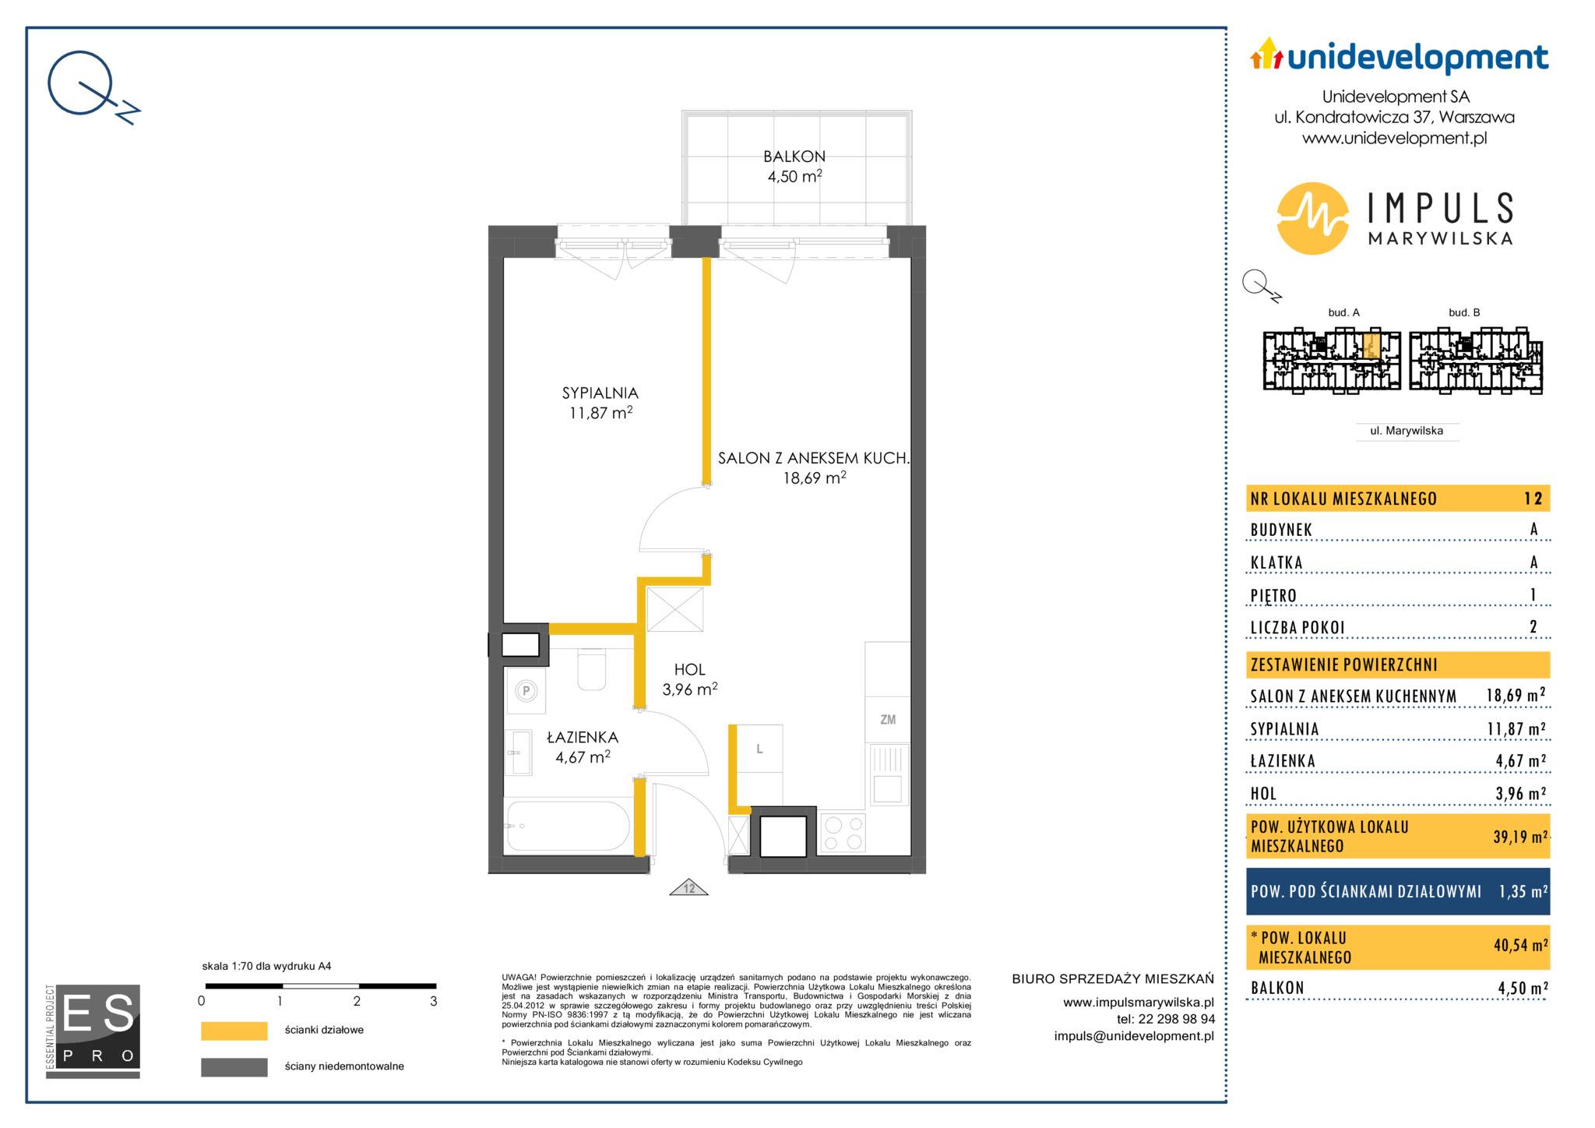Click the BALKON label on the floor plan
coord(794,157)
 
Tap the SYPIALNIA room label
coord(600,393)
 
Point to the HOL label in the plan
coord(690,669)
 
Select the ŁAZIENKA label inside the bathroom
coord(583,737)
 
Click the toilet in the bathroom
coord(592,669)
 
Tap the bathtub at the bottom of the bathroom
coord(568,826)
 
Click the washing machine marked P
coord(526,690)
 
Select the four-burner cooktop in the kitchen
coord(843,833)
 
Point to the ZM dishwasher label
coord(888,720)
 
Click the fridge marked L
coord(759,749)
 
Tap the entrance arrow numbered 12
coord(689,887)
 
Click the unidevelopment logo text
coord(1417,58)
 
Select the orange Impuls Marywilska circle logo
coord(1313,218)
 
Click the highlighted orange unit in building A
coord(1372,345)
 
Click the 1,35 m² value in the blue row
coord(1523,891)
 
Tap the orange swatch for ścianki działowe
coord(234,1031)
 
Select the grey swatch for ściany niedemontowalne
coord(234,1066)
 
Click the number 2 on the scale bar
coord(357,1002)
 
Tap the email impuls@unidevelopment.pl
coord(1134,1035)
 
